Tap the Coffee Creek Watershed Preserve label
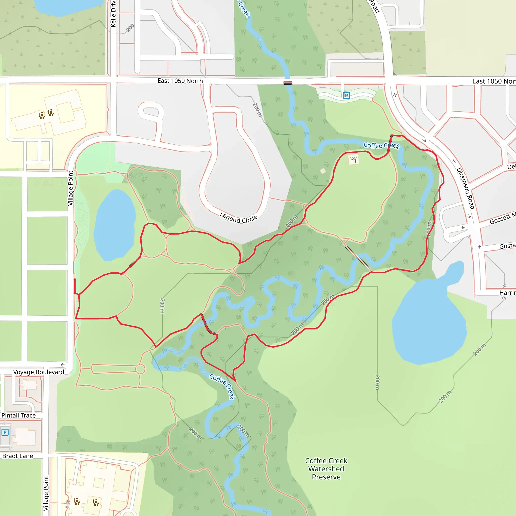click(326, 469)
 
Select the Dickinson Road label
click(466, 188)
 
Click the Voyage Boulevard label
click(39, 372)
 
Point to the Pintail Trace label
click(18, 415)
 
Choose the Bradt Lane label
click(18, 456)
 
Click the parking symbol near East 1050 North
click(346, 95)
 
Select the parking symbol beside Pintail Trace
click(5, 432)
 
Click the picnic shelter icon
click(353, 160)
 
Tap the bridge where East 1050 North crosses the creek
click(288, 82)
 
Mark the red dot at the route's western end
click(75, 280)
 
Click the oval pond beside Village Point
click(115, 225)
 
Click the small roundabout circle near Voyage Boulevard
click(140, 369)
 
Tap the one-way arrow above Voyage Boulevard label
click(63, 365)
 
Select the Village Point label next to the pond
click(71, 188)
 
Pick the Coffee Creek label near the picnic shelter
click(381, 146)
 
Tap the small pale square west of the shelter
click(323, 171)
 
